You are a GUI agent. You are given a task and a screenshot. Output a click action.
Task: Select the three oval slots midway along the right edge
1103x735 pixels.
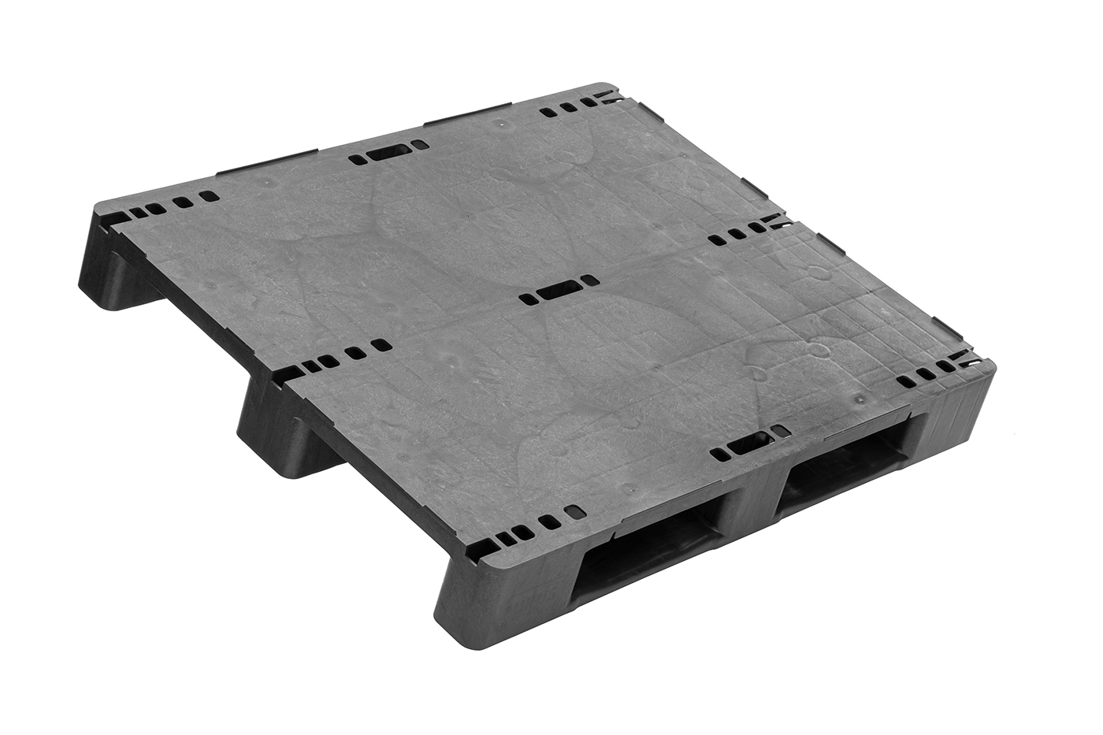click(737, 235)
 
